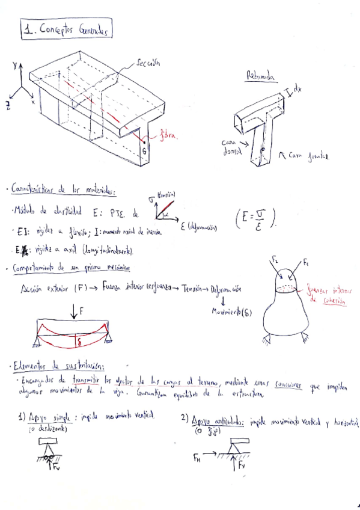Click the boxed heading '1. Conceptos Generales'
point(66,30)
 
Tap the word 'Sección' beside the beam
point(148,61)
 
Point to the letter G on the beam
point(144,151)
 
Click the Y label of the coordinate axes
point(14,64)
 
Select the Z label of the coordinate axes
point(8,106)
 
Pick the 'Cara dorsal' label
point(231,147)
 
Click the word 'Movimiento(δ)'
point(231,310)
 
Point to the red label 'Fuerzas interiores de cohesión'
point(327,294)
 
